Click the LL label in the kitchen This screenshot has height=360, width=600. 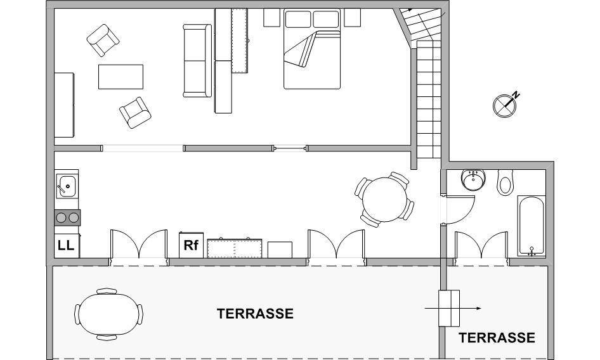pos(66,245)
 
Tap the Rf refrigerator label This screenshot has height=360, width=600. pos(191,245)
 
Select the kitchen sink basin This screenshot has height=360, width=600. pos(67,186)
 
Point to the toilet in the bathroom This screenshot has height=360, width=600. pos(505,183)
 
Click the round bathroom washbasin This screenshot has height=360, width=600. pos(473,179)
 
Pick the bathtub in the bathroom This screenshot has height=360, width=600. pos(531,226)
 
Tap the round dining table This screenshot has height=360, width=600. pos(385,199)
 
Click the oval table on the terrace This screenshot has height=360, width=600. pos(109,314)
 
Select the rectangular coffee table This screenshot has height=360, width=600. pos(121,77)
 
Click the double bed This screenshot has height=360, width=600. pos(312,49)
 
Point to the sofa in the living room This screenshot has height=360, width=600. pos(197,60)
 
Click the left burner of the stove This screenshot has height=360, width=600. pos(62,218)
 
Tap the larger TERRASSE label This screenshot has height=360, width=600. pos(255,314)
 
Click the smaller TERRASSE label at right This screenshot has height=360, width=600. pos(497,338)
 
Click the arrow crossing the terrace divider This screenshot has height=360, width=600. pos(453,309)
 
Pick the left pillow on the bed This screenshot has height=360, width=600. pos(298,19)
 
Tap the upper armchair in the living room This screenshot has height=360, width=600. pos(103,40)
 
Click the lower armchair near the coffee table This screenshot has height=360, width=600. pos(135,112)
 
